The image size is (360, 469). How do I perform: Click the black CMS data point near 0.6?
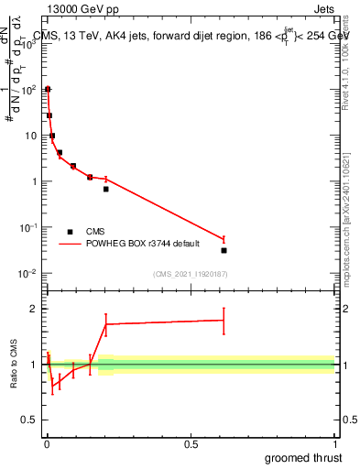224,250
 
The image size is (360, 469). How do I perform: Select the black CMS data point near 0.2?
106,189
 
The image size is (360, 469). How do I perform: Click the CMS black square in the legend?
71,232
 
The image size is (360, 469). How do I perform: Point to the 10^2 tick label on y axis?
29,90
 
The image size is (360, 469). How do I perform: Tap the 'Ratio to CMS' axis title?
16,364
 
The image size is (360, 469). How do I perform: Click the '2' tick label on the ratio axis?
35,309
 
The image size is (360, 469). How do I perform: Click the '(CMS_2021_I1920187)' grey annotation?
190,274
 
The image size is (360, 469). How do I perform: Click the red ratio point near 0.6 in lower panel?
224,321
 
